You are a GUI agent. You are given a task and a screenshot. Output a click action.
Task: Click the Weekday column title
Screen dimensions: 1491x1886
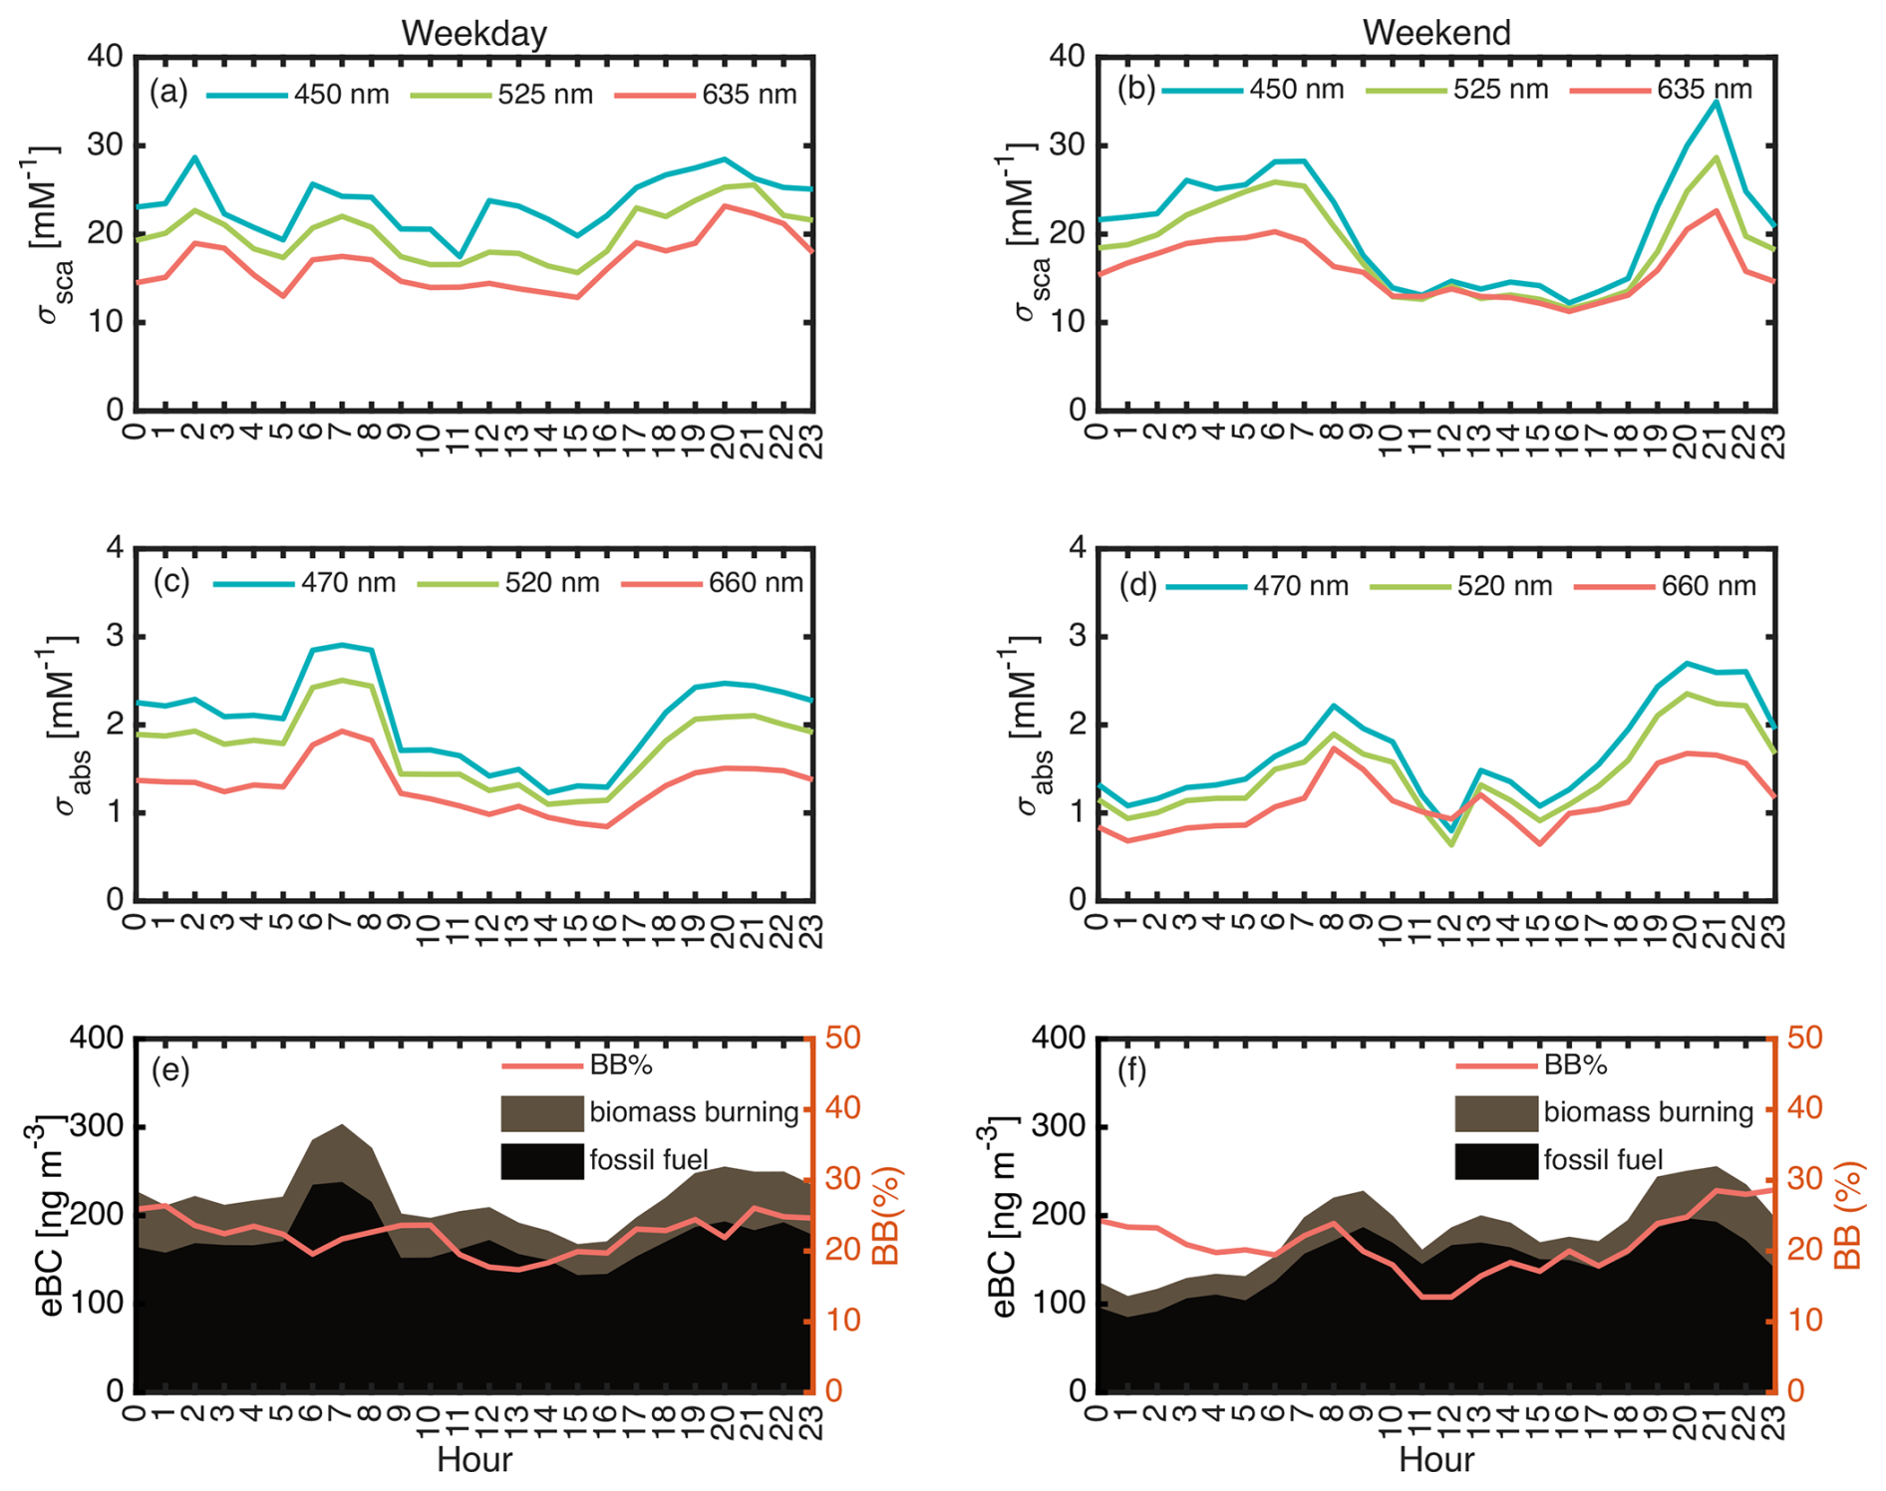473,33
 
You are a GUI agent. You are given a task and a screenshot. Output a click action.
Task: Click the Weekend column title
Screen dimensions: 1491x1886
1435,33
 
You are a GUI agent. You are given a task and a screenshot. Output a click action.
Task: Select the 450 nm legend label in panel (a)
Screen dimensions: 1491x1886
341,95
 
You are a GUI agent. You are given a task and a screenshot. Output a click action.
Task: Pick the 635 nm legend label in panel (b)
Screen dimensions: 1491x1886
1705,90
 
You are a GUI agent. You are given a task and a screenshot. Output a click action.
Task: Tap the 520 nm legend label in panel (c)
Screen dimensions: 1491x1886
552,583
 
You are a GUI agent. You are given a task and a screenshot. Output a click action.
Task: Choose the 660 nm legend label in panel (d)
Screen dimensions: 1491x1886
1709,586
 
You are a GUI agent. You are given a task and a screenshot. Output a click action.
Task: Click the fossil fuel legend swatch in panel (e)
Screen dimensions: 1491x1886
541,1161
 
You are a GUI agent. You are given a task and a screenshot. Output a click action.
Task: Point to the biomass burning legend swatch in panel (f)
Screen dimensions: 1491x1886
1495,1113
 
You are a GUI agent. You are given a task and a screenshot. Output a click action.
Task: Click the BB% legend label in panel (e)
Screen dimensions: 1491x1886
621,1065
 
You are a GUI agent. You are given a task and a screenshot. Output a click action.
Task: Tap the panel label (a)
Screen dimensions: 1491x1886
168,93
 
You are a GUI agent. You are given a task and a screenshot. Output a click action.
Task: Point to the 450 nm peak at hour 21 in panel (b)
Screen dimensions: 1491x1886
1715,102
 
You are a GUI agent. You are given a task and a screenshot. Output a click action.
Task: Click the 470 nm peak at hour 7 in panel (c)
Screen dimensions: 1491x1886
342,645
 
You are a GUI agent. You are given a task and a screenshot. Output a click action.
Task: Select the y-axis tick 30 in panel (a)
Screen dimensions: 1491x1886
106,146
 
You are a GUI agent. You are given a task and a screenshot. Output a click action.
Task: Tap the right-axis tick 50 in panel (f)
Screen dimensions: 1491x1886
1802,1039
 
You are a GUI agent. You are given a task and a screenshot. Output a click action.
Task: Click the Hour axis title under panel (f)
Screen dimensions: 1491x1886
1435,1460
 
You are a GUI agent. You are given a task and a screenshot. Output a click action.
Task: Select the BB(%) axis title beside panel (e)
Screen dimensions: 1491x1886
885,1216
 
